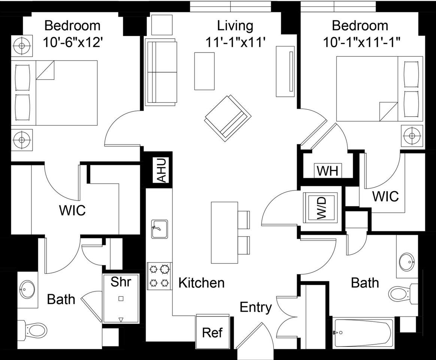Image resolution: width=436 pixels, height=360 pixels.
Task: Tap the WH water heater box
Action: click(328, 171)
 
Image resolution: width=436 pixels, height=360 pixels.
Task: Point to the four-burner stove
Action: click(160, 276)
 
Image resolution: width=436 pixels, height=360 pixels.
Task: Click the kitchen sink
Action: click(159, 229)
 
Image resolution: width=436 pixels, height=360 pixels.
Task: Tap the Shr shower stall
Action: click(121, 298)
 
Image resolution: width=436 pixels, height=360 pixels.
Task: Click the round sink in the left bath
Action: click(27, 289)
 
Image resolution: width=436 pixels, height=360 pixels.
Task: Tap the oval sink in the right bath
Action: click(407, 261)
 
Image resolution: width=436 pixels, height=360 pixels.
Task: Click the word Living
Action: click(235, 25)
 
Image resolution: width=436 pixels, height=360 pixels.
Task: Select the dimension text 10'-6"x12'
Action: click(72, 42)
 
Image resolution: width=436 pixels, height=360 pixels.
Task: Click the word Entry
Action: click(255, 307)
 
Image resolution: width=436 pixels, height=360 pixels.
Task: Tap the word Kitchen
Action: click(201, 283)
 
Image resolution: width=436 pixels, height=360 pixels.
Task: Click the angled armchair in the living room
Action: click(227, 118)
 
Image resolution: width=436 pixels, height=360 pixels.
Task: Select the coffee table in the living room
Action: click(205, 71)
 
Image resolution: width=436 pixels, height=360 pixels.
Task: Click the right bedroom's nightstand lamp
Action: click(412, 136)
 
